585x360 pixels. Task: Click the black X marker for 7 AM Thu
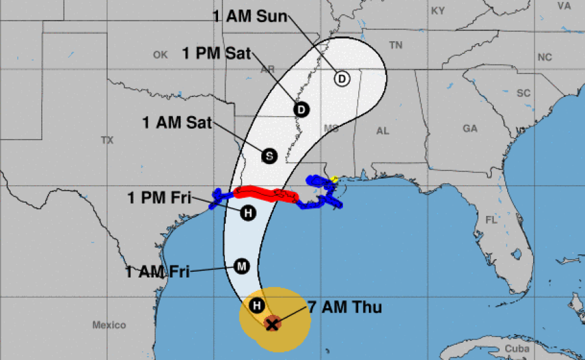271,323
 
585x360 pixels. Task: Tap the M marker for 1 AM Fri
241,267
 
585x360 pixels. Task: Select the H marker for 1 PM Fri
248,213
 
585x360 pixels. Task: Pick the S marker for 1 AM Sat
269,156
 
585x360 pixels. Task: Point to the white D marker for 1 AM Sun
342,79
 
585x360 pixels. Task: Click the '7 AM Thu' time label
344,307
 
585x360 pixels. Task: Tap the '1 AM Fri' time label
158,271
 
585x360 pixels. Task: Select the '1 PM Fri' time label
160,197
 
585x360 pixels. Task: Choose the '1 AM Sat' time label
177,122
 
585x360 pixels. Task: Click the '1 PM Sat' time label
217,53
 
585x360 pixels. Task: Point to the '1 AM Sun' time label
251,16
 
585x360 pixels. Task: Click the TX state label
107,140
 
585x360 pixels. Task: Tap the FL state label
491,220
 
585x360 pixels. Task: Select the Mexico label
109,325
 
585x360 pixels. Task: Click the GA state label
470,128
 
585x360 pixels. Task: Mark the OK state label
160,55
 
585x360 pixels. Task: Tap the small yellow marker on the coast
335,179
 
